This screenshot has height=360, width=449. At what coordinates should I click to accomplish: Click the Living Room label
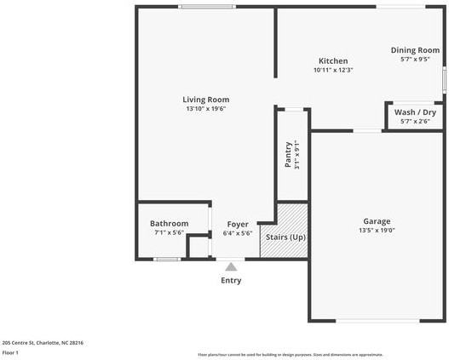205,100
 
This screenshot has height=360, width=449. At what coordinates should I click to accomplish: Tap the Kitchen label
333,61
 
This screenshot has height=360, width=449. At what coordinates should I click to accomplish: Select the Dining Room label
415,50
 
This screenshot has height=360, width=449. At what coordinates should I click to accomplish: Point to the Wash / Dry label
415,112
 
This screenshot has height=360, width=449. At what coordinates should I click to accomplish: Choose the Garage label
377,220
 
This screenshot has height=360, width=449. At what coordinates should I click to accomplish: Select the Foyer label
238,224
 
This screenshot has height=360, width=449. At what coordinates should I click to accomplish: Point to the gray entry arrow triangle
231,267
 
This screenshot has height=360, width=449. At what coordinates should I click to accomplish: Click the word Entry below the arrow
231,280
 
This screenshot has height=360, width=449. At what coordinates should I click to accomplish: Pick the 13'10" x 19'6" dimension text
205,109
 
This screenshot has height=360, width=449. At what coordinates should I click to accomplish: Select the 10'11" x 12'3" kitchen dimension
333,71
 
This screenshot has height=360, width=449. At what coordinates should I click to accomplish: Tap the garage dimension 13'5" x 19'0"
377,230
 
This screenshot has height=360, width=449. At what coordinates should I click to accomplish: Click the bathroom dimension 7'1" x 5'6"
169,232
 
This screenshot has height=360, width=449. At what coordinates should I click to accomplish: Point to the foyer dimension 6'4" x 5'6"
238,232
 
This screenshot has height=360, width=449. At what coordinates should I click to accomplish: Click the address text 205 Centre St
43,343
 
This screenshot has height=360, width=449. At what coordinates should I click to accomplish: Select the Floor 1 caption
11,352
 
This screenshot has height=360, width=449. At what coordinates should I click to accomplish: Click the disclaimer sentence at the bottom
290,355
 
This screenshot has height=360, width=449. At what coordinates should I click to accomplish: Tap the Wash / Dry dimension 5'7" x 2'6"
415,122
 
